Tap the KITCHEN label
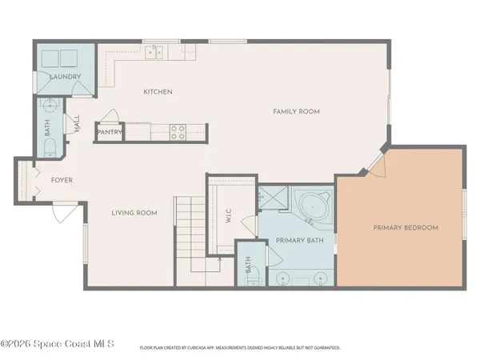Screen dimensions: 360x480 click(158, 92)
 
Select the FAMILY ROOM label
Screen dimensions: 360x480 click(296, 111)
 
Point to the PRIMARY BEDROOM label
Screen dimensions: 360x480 click(406, 228)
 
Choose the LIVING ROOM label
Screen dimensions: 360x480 click(134, 213)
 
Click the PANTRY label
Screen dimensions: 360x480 click(108, 132)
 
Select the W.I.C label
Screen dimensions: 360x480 click(228, 217)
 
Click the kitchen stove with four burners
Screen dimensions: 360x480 click(178, 132)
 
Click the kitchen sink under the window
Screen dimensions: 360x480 click(156, 53)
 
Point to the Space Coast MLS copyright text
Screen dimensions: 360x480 click(58, 345)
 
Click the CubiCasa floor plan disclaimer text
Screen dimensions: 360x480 click(240, 348)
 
